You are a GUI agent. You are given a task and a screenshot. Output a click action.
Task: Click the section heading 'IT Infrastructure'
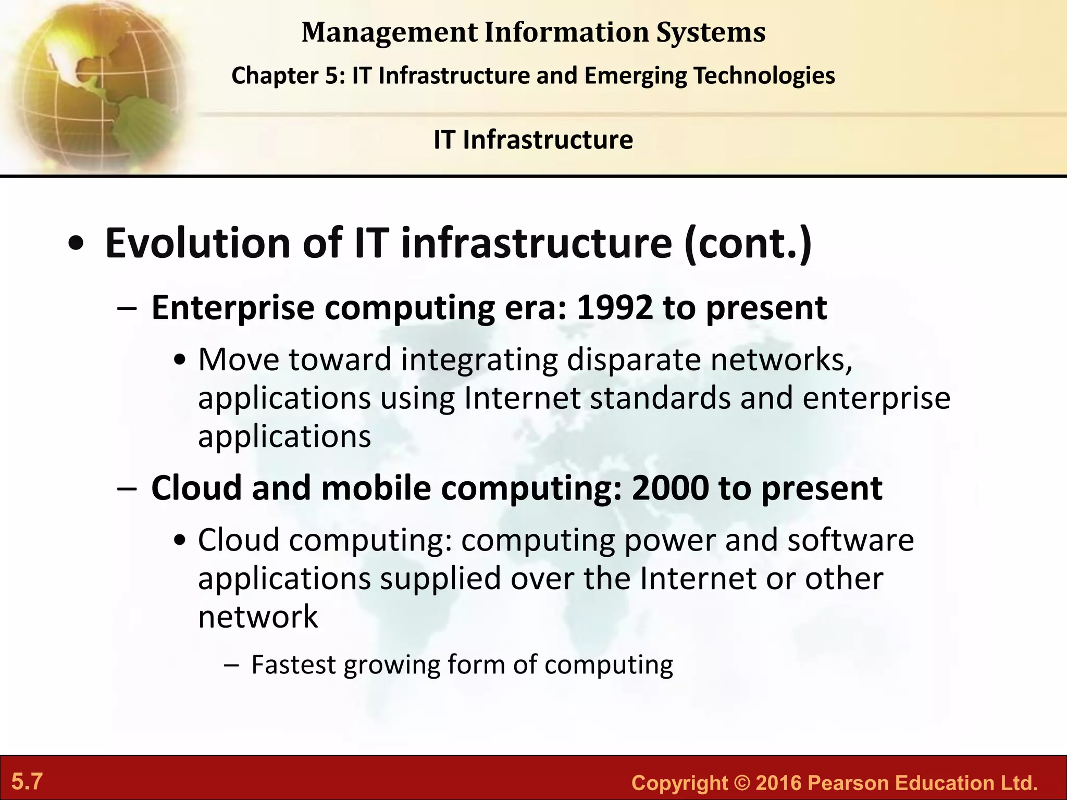coord(533,140)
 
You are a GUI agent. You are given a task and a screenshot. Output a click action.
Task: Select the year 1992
coord(614,308)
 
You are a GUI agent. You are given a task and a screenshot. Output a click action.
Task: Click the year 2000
coord(670,488)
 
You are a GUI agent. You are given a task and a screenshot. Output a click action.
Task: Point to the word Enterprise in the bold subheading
coord(232,308)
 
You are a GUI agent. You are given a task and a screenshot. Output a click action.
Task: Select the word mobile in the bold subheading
coord(376,488)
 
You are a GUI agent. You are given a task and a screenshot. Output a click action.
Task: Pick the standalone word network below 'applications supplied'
coord(258,617)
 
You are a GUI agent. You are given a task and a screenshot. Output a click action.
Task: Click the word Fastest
coord(293,665)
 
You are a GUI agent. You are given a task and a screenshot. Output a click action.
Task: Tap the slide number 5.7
coord(27,782)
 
